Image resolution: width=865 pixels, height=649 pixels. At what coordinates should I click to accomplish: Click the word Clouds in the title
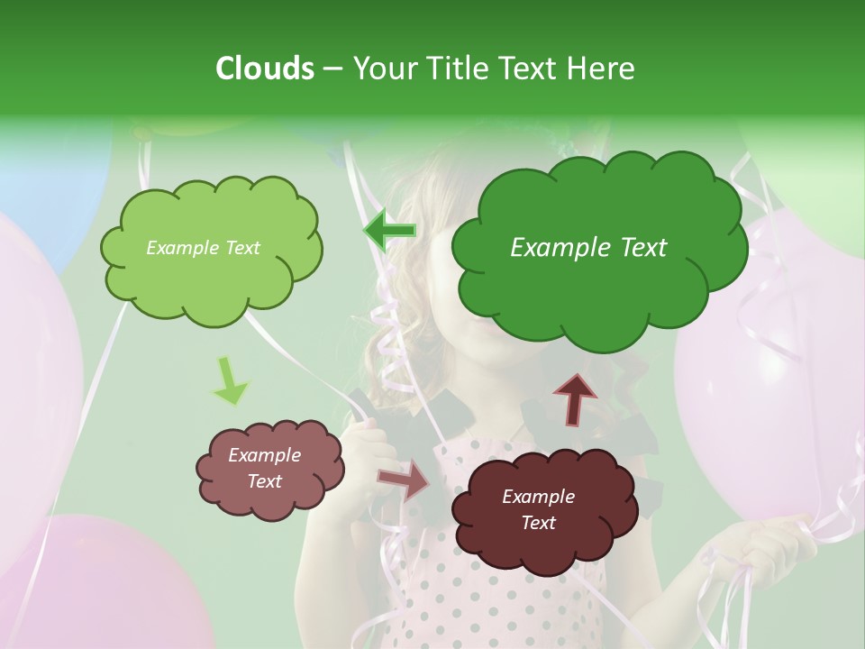264,69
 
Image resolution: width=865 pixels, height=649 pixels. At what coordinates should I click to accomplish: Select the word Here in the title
603,69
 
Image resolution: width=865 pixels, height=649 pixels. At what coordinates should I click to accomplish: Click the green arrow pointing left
390,232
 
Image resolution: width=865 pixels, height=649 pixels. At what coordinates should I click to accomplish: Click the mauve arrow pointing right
404,479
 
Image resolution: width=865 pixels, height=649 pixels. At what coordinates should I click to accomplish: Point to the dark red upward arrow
574,398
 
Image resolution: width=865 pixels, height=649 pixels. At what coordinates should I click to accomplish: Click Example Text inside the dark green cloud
588,248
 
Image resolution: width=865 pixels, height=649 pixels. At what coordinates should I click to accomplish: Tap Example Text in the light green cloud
203,248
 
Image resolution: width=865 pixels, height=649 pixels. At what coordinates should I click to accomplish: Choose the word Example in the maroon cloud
538,497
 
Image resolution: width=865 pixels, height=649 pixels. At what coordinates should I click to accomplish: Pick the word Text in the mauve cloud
265,481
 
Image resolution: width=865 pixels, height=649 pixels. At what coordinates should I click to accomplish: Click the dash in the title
332,69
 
